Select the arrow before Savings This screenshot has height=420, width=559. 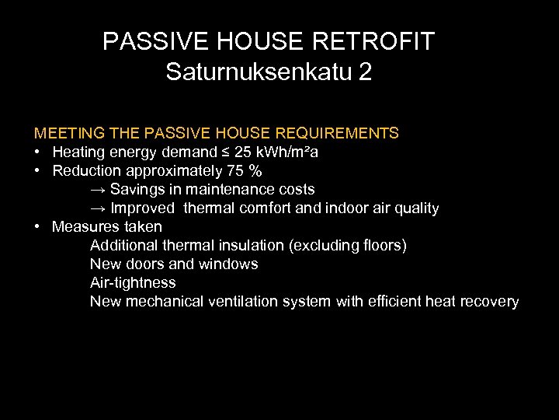98,190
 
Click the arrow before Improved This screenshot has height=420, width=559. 98,208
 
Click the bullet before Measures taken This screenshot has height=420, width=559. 37,227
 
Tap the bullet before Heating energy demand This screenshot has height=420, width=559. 37,152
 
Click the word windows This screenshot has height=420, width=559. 230,264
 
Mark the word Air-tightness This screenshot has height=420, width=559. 133,283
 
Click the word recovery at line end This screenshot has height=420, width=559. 489,302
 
